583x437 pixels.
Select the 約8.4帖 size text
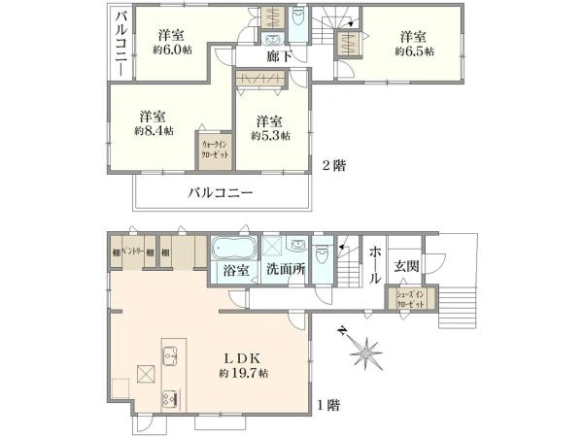(x=155, y=129)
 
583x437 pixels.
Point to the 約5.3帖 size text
(x=269, y=137)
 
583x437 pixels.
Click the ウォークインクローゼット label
(x=215, y=151)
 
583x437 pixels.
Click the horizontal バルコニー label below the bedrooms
(x=221, y=192)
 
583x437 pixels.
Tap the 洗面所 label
(x=289, y=271)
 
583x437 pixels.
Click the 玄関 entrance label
(x=405, y=265)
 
